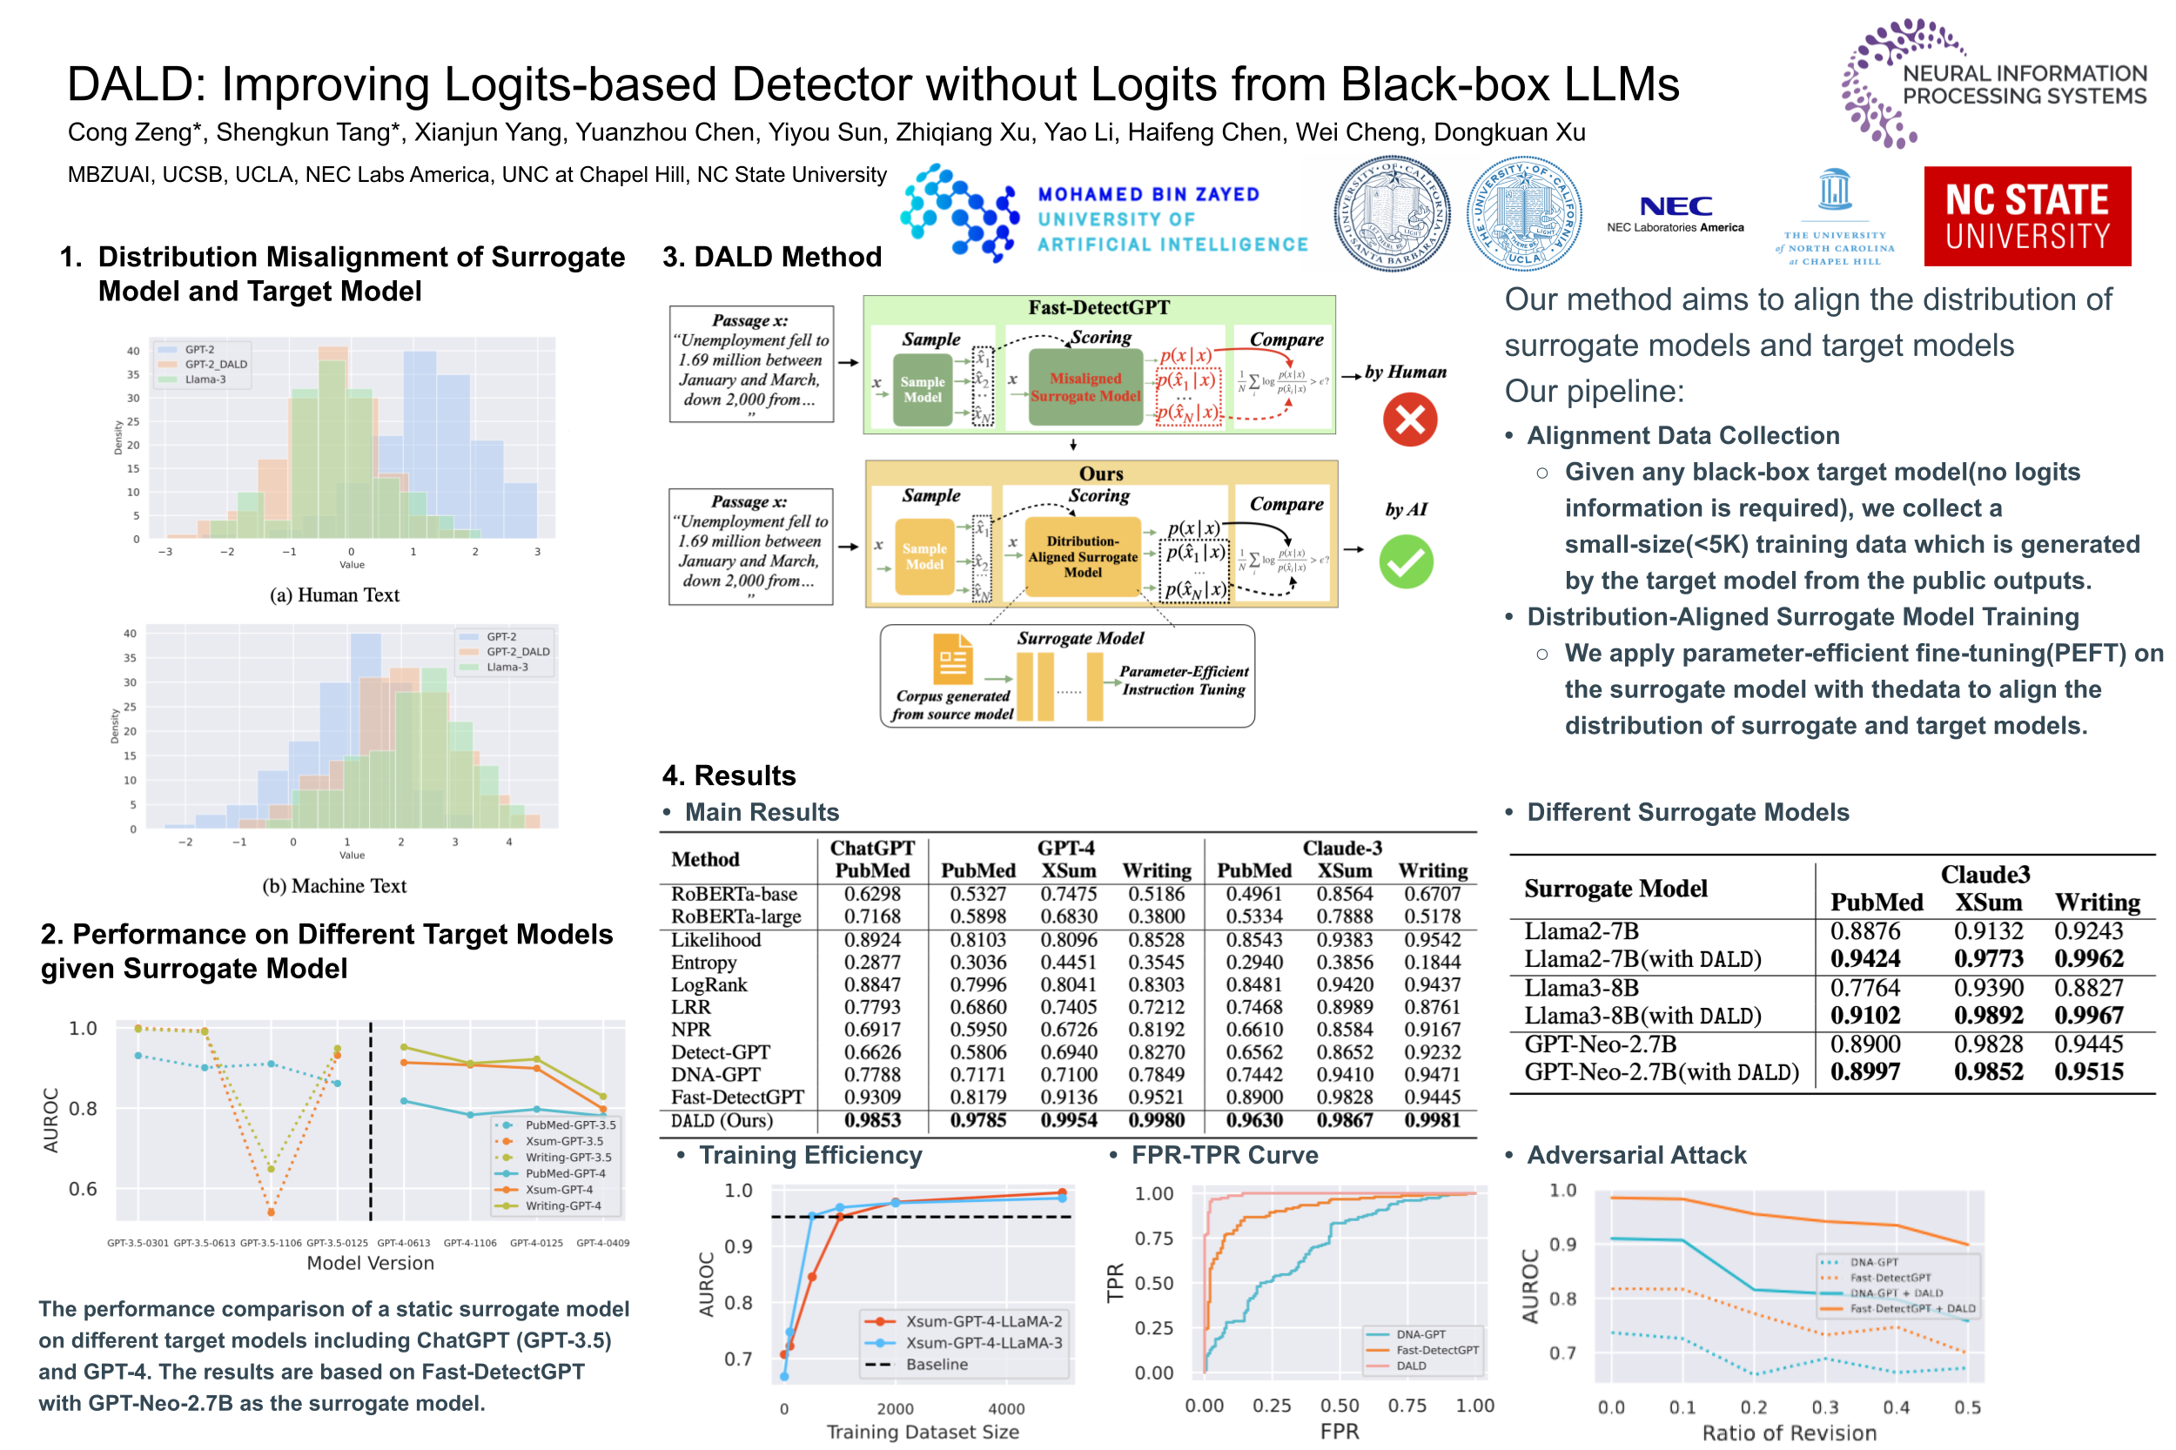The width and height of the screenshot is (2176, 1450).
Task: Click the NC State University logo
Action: tap(2026, 217)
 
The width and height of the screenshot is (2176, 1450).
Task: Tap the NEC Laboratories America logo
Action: tap(1675, 212)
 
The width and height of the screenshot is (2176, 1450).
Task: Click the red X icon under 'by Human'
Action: tap(1409, 420)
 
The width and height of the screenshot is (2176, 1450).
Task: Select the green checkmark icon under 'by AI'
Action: tap(1406, 562)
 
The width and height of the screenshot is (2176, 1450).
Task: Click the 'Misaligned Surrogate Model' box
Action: tap(1085, 386)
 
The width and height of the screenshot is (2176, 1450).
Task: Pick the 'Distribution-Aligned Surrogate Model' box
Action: tap(1082, 557)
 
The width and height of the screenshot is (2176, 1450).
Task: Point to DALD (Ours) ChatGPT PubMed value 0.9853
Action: tap(871, 1121)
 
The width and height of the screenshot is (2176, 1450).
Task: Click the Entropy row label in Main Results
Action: tap(704, 963)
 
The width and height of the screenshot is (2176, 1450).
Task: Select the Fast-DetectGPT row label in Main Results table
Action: tap(737, 1098)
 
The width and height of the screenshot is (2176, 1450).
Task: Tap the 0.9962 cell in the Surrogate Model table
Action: tap(2088, 959)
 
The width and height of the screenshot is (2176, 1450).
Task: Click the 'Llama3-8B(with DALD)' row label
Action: tap(1642, 1016)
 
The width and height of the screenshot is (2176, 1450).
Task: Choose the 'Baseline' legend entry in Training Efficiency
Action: tap(936, 1365)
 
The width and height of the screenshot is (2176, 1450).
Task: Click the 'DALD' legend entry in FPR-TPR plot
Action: tap(1410, 1366)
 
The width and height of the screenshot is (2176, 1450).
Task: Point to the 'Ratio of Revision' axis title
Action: tap(1789, 1433)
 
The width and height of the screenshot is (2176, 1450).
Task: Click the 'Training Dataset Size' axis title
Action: tap(922, 1432)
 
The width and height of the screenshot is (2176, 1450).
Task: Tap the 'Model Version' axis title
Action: tap(370, 1263)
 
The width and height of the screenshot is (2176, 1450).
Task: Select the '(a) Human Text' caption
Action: tap(334, 595)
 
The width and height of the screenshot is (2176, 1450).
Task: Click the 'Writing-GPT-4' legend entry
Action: tap(562, 1206)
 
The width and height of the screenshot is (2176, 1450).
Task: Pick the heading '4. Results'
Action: tap(729, 775)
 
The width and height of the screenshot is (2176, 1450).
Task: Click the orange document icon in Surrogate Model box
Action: tap(951, 657)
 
